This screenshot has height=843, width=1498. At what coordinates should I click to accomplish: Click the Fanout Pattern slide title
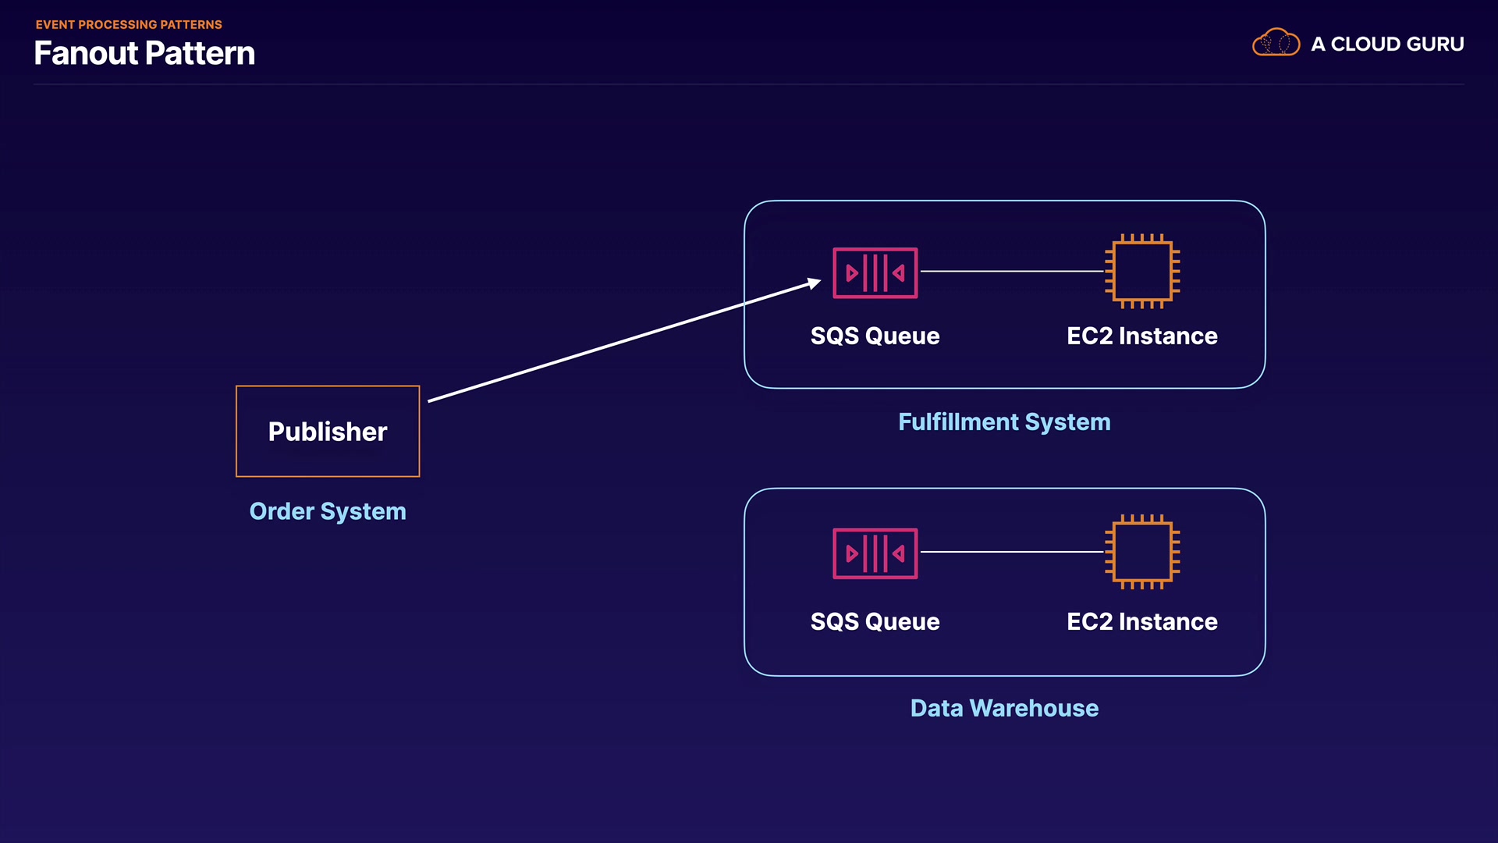pyautogui.click(x=144, y=53)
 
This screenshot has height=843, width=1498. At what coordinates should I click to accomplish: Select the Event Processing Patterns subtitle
pyautogui.click(x=129, y=25)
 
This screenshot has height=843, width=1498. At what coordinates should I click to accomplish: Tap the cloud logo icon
pyautogui.click(x=1276, y=43)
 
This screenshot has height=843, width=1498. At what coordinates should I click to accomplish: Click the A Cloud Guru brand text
pyautogui.click(x=1387, y=44)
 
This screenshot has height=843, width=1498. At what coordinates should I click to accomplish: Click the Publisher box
pyautogui.click(x=328, y=431)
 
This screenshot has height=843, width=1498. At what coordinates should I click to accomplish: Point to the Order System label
pyautogui.click(x=328, y=511)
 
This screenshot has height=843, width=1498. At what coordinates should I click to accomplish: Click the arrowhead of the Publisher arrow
pyautogui.click(x=814, y=283)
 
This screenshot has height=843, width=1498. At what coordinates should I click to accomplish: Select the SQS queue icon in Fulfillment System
pyautogui.click(x=875, y=272)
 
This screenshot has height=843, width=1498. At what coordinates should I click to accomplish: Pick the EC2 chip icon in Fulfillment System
pyautogui.click(x=1142, y=271)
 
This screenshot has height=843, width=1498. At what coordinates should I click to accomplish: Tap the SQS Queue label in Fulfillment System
pyautogui.click(x=875, y=336)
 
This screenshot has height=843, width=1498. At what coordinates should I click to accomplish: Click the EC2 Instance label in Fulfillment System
pyautogui.click(x=1141, y=336)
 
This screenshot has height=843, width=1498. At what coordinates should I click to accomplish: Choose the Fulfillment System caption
pyautogui.click(x=1004, y=422)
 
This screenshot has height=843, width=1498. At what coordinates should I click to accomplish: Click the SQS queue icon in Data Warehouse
pyautogui.click(x=875, y=553)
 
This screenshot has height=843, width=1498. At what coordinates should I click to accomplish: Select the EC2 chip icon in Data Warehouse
pyautogui.click(x=1142, y=552)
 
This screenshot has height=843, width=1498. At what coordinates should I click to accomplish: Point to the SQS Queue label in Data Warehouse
pyautogui.click(x=875, y=621)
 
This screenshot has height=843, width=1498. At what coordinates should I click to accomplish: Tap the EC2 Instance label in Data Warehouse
pyautogui.click(x=1141, y=621)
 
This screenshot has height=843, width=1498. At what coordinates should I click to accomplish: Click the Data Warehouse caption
pyautogui.click(x=1004, y=708)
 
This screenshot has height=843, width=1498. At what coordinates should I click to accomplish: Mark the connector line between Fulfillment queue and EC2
pyautogui.click(x=1012, y=272)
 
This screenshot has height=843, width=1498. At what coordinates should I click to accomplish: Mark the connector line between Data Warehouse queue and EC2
pyautogui.click(x=1012, y=552)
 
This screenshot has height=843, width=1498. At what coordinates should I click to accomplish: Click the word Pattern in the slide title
pyautogui.click(x=200, y=53)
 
